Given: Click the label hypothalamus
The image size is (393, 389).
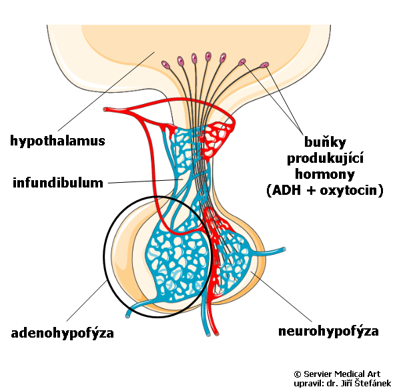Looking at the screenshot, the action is point(57,141).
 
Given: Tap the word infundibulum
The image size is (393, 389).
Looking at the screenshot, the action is point(58,182).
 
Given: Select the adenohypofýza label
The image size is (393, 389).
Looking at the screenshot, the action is point(63,334).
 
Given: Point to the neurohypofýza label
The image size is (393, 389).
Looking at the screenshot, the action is point(328,332).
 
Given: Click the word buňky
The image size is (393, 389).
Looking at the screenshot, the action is point(325,142).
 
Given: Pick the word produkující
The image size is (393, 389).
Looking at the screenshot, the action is point(325,158).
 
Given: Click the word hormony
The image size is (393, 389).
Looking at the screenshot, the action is point(325,174).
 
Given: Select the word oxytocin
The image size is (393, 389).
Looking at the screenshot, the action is point(348,190).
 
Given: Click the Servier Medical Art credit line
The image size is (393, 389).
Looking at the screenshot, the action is point(337,374).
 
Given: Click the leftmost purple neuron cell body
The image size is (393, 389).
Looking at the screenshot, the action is point(166,65).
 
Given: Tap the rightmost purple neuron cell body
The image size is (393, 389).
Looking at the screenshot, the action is point(264,65).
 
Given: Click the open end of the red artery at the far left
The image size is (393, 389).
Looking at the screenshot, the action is point(105,109).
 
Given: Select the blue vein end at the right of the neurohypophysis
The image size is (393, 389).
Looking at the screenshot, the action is point(284,249).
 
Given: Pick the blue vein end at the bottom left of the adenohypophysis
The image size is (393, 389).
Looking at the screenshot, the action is point(127,316).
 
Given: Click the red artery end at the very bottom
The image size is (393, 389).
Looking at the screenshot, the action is point(217,334).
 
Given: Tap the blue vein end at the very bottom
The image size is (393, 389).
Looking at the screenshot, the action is point(208,334).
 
